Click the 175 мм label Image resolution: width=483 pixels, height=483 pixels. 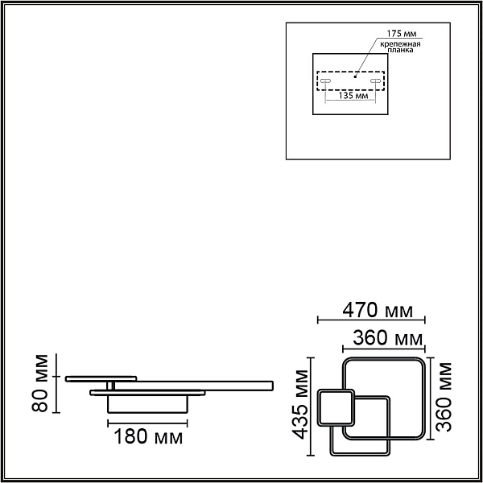pos(402,33)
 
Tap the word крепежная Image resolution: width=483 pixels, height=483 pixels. pos(400,43)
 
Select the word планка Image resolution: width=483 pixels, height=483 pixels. pos(400,50)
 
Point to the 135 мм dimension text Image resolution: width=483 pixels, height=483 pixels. pos(353,96)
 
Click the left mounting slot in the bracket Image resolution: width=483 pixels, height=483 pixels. pos(325,80)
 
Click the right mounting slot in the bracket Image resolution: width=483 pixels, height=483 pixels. pos(375,80)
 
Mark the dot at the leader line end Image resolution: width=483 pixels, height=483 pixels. pos(355,76)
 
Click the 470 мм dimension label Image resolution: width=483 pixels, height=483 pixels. pos(378,310)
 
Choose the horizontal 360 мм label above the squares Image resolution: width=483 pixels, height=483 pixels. pos(387,338)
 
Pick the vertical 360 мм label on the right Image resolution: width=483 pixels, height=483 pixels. pos(444,397)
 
